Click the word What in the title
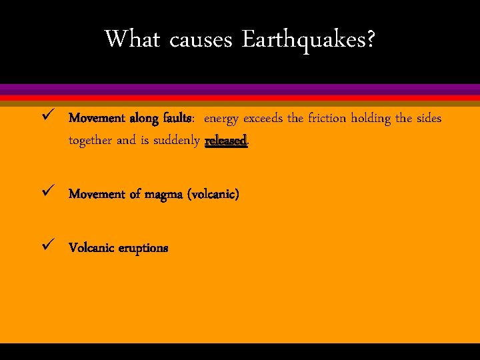click(132, 39)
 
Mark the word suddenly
click(176, 141)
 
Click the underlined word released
click(226, 141)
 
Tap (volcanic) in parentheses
click(213, 195)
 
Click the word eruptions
click(143, 248)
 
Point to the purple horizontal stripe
click(240, 89)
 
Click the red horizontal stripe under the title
click(240, 97)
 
